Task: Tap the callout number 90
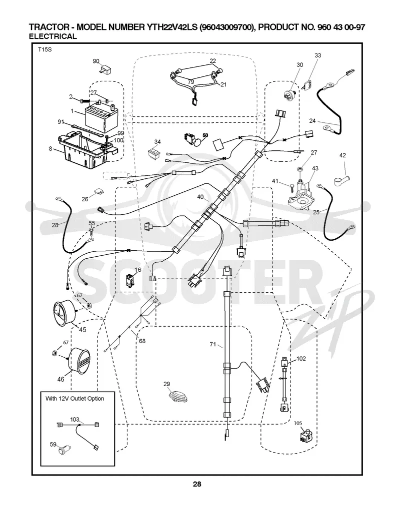pos(96,61)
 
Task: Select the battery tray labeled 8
pos(86,149)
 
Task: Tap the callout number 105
pos(298,423)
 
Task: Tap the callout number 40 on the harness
pos(200,197)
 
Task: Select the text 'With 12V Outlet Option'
pos(74,399)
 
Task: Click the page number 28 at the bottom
pos(197,484)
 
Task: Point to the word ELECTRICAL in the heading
pos(52,36)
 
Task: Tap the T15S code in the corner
pos(45,50)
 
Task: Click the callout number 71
pos(213,344)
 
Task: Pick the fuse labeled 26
pos(98,191)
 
